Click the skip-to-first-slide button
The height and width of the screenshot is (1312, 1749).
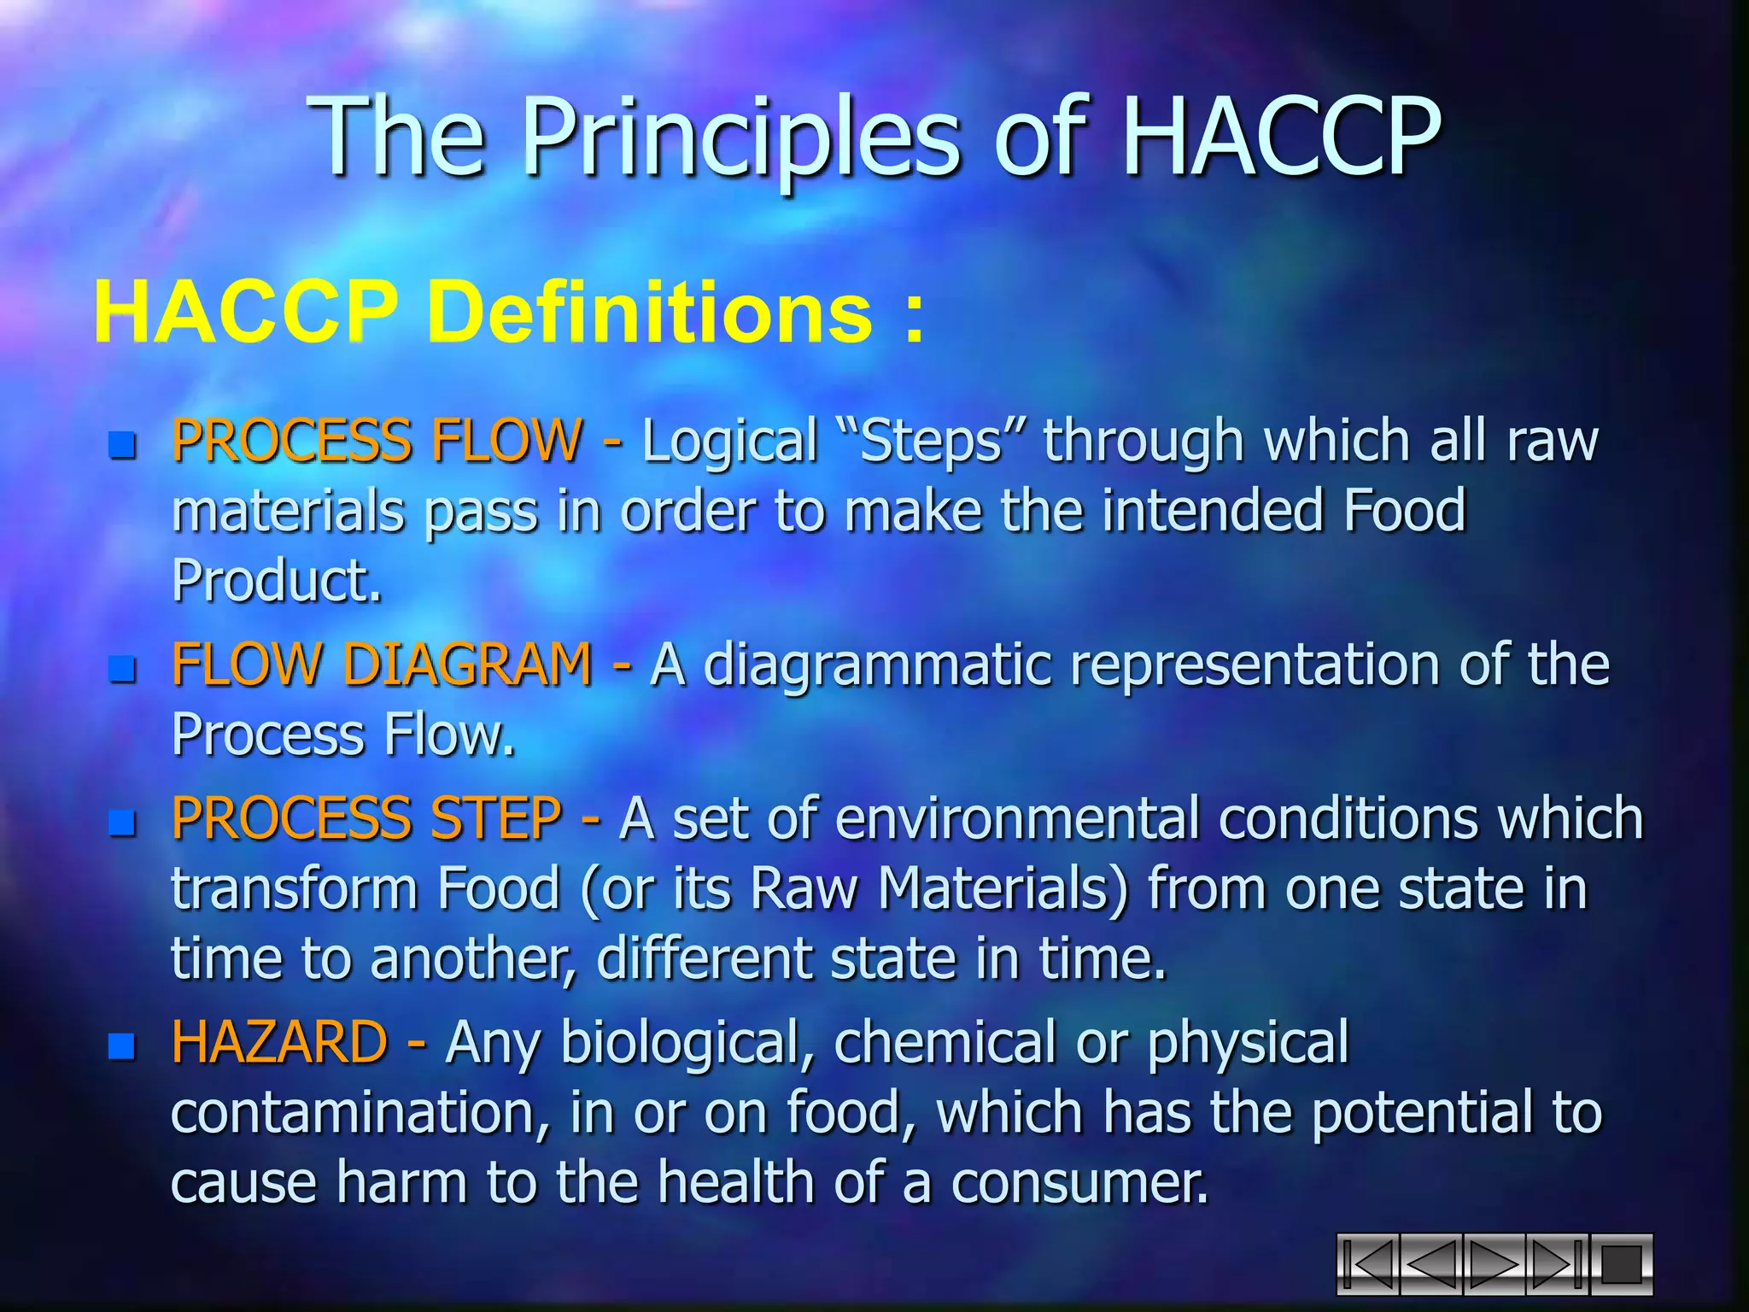coord(1368,1264)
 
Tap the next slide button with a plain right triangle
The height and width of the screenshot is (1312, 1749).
coord(1494,1264)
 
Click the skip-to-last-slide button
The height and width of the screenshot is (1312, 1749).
coord(1557,1264)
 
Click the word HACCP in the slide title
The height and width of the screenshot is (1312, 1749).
coord(1281,137)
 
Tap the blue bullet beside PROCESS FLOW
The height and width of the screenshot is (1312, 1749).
coord(123,445)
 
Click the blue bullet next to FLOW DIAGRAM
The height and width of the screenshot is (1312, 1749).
coord(123,669)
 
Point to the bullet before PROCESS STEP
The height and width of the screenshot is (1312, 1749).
coord(123,823)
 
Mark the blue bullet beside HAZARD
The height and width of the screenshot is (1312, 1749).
coord(123,1045)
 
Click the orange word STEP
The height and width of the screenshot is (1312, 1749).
coord(495,818)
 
